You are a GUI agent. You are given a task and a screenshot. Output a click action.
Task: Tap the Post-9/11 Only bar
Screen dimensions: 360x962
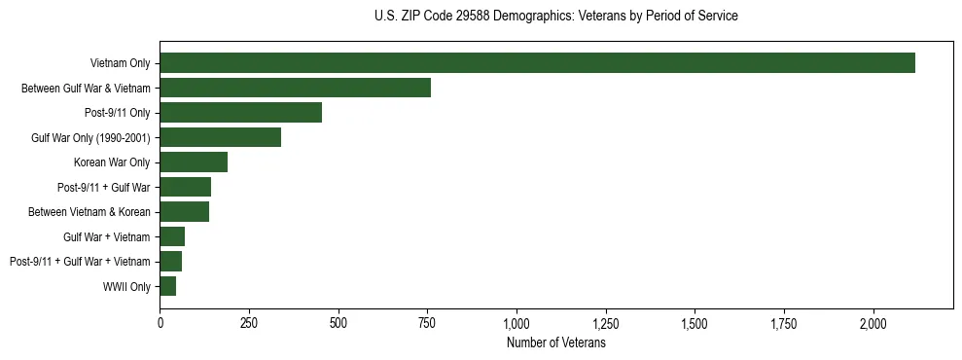click(x=240, y=113)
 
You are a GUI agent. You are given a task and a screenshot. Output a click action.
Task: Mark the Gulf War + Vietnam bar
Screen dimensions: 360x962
click(x=172, y=236)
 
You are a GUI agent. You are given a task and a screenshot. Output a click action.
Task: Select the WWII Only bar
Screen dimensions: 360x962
click(x=167, y=286)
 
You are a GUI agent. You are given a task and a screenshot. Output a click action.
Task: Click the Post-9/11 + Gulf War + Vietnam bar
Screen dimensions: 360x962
click(x=170, y=262)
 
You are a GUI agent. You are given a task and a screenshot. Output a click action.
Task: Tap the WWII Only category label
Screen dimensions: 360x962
click(x=126, y=287)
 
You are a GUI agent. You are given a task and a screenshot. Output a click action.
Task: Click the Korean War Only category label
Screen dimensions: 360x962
click(x=112, y=162)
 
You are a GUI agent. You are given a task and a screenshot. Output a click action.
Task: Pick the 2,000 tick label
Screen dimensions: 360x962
click(x=873, y=322)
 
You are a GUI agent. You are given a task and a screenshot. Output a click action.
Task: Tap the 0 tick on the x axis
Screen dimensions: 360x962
click(x=160, y=322)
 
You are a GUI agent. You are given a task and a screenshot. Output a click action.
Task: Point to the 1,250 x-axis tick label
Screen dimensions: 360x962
click(x=606, y=322)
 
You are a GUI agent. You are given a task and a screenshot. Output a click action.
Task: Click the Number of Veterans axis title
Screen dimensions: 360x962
click(x=555, y=343)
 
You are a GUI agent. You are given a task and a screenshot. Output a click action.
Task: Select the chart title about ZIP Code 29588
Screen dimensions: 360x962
click(x=555, y=17)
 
